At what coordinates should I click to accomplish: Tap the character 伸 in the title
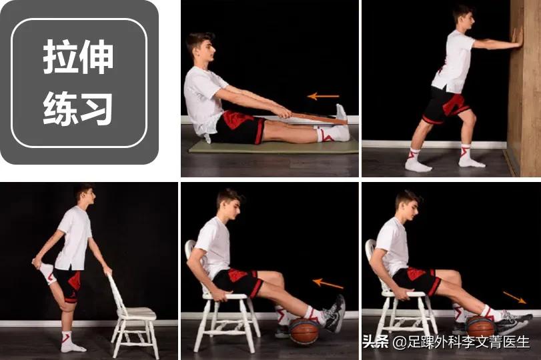[x=96, y=57]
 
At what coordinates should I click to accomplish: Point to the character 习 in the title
[x=96, y=108]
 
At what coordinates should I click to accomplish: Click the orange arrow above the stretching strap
[x=324, y=96]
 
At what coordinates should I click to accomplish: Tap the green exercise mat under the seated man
[x=274, y=147]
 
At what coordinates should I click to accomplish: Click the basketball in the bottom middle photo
[x=304, y=331]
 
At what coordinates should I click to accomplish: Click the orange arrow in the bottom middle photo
[x=328, y=283]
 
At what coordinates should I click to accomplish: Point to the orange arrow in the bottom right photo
[x=514, y=297]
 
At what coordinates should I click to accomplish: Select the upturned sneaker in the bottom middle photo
[x=334, y=314]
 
